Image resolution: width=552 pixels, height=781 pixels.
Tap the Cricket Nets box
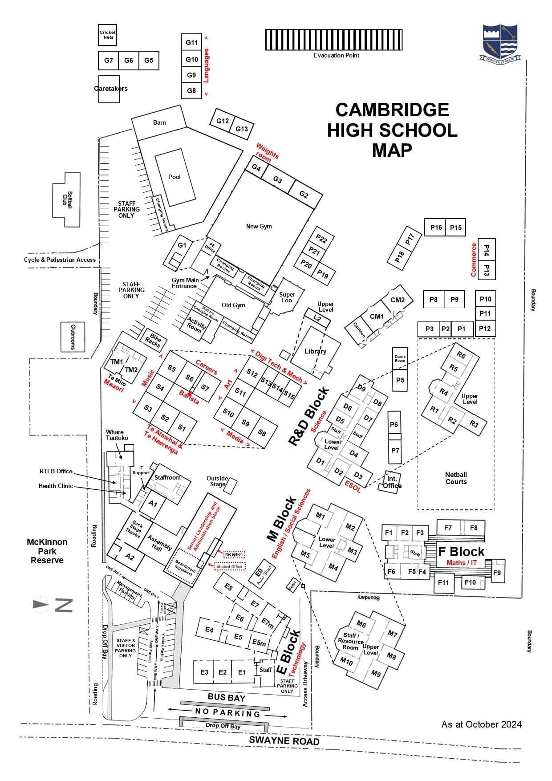[x=107, y=35]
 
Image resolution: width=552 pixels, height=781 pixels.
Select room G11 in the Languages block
[x=191, y=43]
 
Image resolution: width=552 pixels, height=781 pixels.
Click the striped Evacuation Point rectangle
[x=334, y=40]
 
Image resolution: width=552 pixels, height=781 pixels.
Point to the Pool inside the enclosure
[x=175, y=177]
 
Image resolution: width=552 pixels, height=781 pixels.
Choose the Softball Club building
[x=67, y=199]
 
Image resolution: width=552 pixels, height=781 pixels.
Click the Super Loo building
[x=287, y=297]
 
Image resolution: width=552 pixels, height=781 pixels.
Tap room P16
[x=436, y=228]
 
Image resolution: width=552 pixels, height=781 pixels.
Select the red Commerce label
[x=474, y=260]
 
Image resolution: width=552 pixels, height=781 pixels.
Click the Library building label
[x=315, y=351]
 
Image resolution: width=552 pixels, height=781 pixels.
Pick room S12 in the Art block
[x=252, y=374]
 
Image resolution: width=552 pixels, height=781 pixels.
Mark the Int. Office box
[x=392, y=482]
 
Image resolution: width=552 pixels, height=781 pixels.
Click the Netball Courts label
[x=456, y=478]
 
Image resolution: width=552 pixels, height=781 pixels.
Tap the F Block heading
[x=461, y=552]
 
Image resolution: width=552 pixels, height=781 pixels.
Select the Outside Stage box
[x=230, y=486]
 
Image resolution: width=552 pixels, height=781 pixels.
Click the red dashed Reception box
[x=234, y=554]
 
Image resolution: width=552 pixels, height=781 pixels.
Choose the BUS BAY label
[x=226, y=698]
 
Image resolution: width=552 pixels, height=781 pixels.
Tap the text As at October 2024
[x=481, y=724]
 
